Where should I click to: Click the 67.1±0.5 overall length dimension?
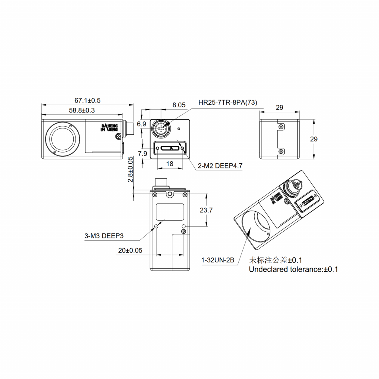point(88,100)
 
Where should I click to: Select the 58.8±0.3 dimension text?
point(82,110)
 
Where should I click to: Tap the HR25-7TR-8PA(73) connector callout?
point(228,103)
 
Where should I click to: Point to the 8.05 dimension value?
point(179,105)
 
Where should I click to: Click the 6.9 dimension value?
point(141,124)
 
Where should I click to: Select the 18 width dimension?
point(170,163)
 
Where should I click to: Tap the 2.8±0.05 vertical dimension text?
point(130,169)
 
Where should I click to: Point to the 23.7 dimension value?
point(206,210)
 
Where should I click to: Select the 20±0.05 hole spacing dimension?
point(130,250)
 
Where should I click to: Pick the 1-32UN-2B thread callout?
point(218,261)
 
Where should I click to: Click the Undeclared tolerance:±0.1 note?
point(294,269)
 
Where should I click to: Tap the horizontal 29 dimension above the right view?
point(280,108)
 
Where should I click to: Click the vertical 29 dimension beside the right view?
point(313,139)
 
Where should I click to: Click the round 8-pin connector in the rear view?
point(161,128)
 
